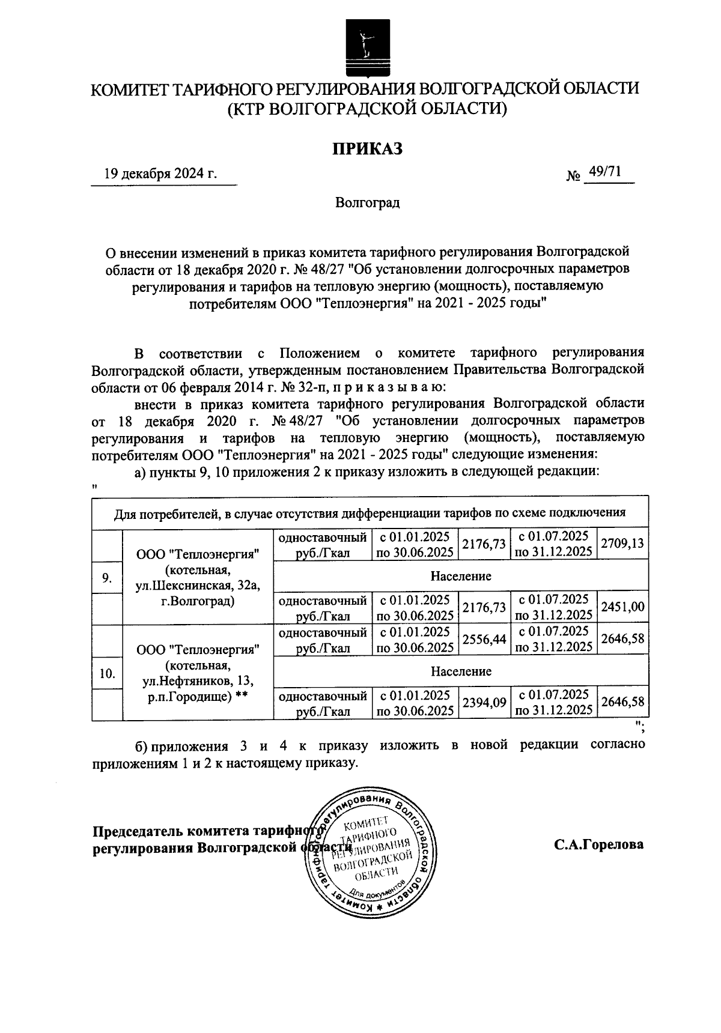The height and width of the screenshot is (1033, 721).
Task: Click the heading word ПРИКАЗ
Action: click(367, 148)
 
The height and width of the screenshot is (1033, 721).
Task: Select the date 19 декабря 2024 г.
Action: click(160, 174)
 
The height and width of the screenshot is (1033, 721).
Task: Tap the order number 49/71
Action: click(605, 172)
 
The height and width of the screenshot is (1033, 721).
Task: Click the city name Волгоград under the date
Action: click(367, 202)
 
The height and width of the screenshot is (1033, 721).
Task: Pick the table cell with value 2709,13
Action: click(623, 544)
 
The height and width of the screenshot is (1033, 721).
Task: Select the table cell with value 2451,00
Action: click(623, 608)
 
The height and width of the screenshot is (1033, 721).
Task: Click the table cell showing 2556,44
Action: click(484, 640)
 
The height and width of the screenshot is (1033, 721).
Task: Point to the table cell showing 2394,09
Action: click(484, 703)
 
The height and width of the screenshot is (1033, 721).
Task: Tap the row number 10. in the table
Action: click(107, 673)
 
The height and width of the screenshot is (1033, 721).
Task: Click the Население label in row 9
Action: click(460, 576)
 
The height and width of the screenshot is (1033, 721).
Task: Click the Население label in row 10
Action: click(460, 671)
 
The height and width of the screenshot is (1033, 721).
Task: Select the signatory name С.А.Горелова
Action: click(598, 844)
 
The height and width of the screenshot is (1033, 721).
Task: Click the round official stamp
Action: click(371, 852)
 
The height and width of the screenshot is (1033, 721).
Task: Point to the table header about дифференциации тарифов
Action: click(370, 513)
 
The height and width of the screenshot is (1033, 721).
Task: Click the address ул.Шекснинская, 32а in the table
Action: click(198, 586)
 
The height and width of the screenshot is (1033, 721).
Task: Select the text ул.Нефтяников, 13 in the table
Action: click(198, 680)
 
